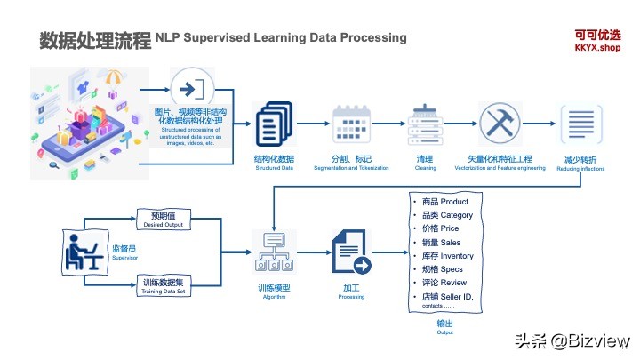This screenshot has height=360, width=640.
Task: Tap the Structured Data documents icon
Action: tap(274, 127)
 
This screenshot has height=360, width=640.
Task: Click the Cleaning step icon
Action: tap(424, 127)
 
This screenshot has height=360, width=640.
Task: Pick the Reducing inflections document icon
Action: tap(572, 125)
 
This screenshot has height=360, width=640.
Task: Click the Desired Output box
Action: tap(162, 220)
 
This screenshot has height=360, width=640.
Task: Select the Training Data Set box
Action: tap(162, 286)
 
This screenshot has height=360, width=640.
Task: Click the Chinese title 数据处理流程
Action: tap(94, 41)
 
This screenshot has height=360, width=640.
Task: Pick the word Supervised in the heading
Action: tap(223, 38)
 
